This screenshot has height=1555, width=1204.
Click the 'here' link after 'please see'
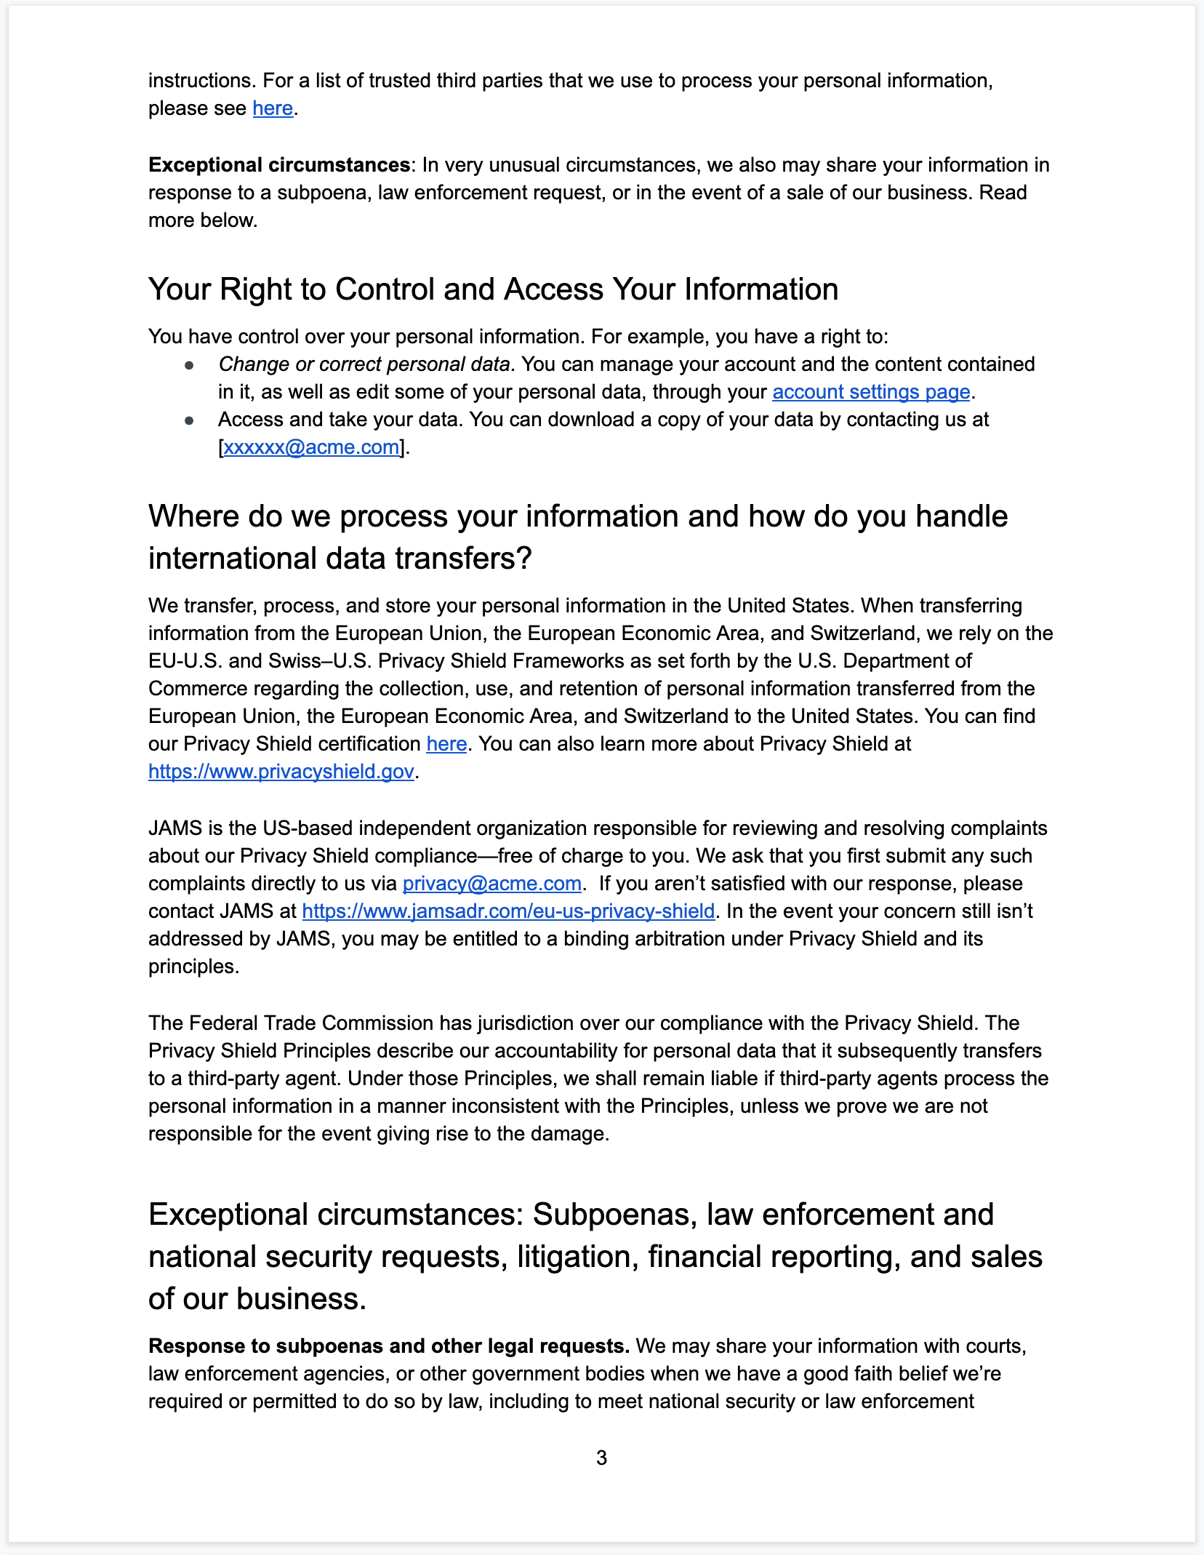(273, 108)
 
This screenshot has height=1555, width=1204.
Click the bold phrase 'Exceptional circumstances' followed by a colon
(279, 165)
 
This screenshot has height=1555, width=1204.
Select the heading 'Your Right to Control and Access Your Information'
(493, 289)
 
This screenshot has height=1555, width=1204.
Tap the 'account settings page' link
(871, 392)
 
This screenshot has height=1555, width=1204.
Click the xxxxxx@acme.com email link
(311, 447)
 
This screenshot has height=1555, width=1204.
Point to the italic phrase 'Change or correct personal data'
(364, 364)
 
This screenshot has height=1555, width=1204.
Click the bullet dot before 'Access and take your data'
(189, 420)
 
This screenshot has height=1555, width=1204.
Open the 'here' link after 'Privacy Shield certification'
(446, 744)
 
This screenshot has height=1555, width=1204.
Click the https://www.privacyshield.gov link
(281, 772)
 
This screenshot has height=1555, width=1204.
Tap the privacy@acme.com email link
(492, 884)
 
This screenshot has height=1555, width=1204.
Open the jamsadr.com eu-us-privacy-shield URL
(508, 911)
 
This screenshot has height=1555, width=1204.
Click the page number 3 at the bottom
(601, 1458)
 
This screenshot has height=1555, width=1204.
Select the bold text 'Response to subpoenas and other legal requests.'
(389, 1346)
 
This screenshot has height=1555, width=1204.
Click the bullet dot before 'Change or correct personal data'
(189, 365)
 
